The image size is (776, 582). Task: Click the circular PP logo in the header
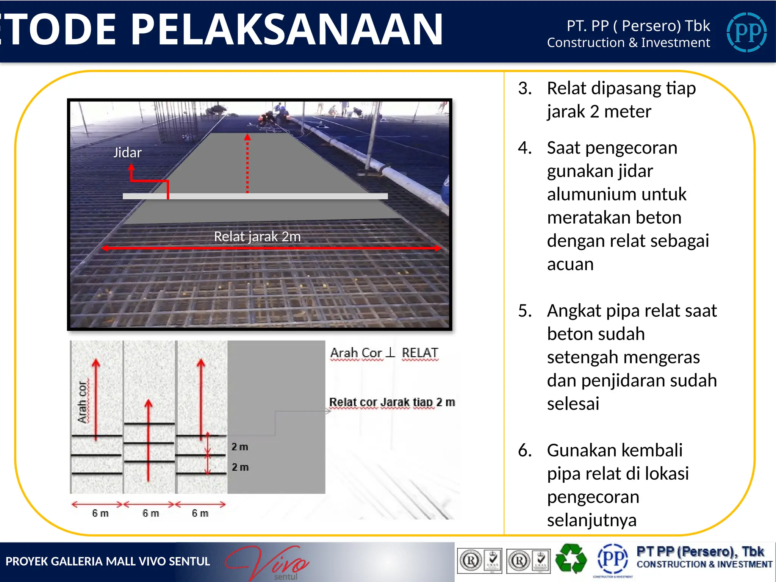coord(746,32)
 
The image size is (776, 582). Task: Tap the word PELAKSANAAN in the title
coord(287,30)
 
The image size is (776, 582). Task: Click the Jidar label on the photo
coord(127,153)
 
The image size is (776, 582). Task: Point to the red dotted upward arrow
coord(247,163)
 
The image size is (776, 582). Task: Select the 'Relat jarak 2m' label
coord(257,237)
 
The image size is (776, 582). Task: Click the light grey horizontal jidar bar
coord(255,196)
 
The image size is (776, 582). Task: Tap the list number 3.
coord(525,89)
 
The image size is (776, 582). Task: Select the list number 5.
coord(525,311)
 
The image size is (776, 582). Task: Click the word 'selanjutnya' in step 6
coord(591,520)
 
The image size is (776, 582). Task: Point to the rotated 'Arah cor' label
coord(83,402)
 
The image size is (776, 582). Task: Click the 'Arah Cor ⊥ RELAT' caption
coord(384,353)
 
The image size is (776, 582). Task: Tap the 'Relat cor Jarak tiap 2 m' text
coord(392,402)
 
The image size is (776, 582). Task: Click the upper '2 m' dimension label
coord(240,447)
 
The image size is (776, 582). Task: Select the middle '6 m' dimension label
coord(150,513)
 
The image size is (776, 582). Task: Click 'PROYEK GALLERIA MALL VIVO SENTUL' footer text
coord(108,562)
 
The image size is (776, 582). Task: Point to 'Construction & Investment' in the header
coord(628,43)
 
